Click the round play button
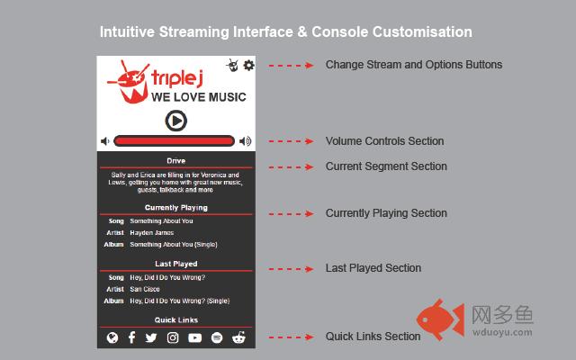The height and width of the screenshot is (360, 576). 176,120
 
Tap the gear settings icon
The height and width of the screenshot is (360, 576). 248,65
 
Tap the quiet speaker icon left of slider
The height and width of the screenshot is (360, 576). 105,141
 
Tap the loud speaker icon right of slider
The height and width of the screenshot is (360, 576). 246,141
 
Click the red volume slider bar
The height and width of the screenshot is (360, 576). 175,141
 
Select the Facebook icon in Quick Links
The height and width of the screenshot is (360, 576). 131,337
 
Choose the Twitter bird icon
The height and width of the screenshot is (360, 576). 151,337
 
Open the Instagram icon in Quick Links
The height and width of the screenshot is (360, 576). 173,337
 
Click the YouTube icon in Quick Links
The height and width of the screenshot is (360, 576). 194,337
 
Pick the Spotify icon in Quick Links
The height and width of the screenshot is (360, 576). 217,337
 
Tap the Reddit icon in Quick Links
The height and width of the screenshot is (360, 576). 238,337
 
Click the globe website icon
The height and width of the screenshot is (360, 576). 112,337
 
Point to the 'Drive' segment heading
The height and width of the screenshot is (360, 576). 175,161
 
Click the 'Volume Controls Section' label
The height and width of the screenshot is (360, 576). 384,141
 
